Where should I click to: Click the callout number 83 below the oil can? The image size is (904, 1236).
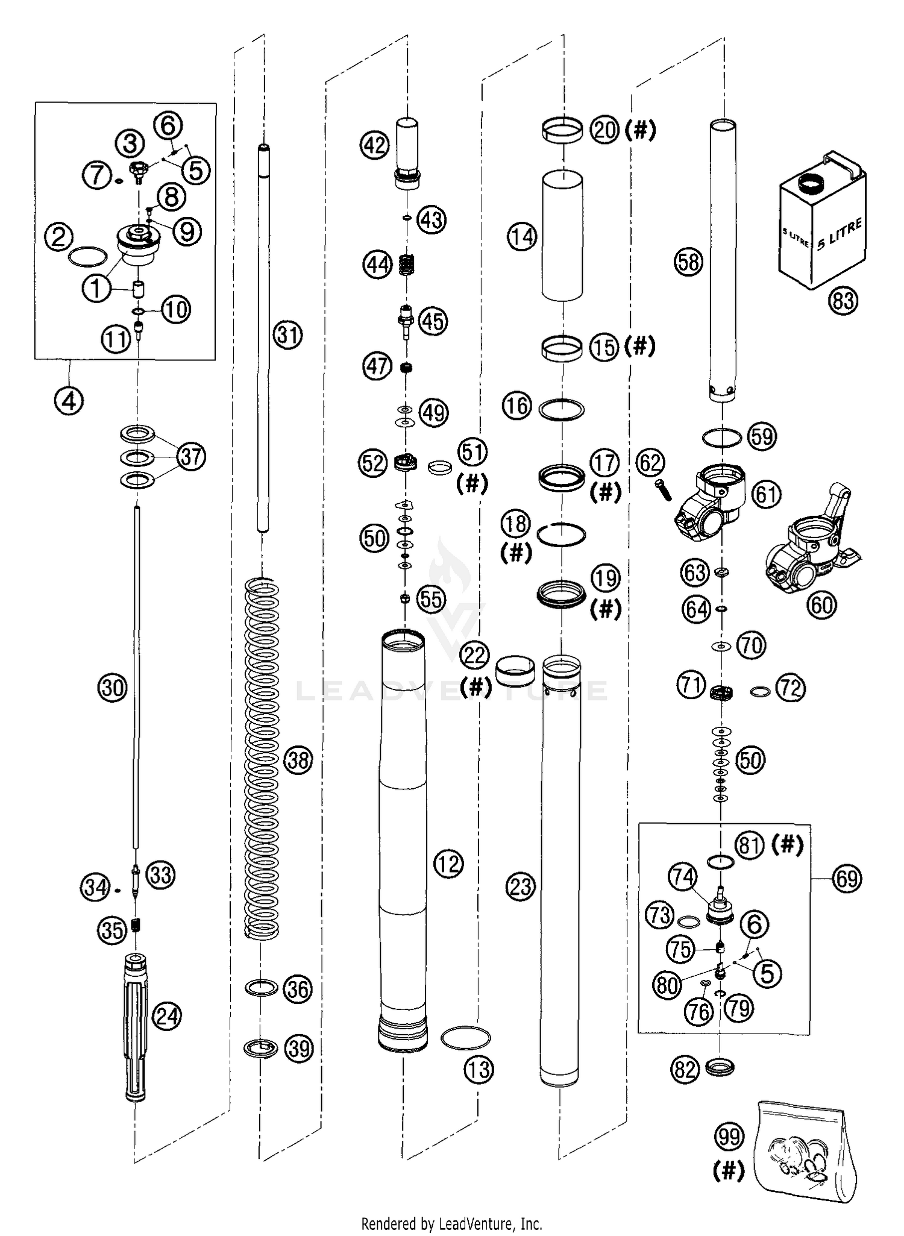click(x=843, y=300)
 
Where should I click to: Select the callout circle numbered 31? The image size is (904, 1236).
click(x=287, y=334)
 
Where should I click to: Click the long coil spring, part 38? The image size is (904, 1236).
click(x=262, y=759)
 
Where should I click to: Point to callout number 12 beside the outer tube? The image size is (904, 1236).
click(x=448, y=864)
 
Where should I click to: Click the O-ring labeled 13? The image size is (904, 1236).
click(x=465, y=1038)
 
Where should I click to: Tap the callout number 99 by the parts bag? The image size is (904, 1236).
click(x=729, y=1138)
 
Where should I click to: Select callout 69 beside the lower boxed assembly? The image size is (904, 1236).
click(x=847, y=878)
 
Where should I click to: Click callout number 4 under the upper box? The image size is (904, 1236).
click(x=69, y=400)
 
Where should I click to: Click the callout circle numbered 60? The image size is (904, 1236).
click(x=822, y=604)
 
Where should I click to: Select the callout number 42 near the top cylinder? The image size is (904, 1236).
click(x=375, y=145)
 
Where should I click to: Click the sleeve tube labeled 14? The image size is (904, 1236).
click(x=562, y=235)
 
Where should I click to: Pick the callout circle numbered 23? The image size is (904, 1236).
click(x=521, y=886)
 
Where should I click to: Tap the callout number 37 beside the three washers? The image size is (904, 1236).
click(x=191, y=457)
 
